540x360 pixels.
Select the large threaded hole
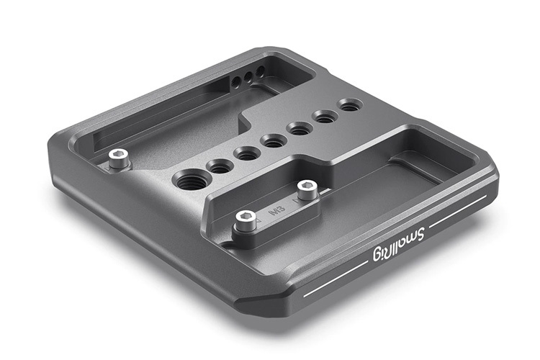pyautogui.click(x=188, y=179)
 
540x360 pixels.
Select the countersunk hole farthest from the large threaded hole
pyautogui.click(x=350, y=106)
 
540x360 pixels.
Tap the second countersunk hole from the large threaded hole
pyautogui.click(x=246, y=153)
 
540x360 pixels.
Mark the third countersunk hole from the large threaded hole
pyautogui.click(x=273, y=140)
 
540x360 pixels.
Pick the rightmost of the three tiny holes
pyautogui.click(x=260, y=71)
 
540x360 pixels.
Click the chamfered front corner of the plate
pyautogui.click(x=270, y=302)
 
